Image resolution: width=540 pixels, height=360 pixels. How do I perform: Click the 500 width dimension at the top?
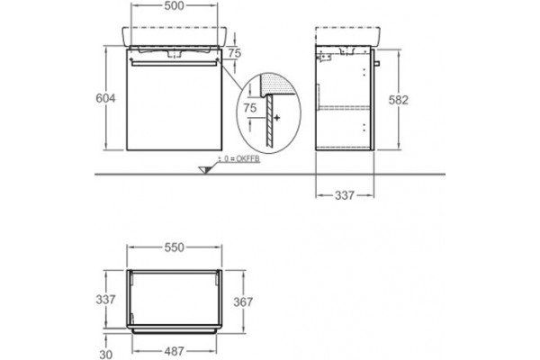click(174, 6)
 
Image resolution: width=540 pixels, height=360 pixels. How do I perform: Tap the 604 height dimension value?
click(105, 98)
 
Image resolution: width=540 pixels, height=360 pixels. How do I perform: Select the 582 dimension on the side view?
click(398, 100)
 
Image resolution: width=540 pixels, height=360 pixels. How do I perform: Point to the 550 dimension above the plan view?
click(174, 247)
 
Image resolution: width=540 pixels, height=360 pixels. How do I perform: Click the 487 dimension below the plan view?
click(174, 351)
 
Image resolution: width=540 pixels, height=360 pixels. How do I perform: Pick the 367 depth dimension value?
click(243, 302)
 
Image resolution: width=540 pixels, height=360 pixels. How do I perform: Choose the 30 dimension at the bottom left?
click(105, 355)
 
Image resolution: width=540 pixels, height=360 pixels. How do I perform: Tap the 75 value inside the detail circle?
click(250, 108)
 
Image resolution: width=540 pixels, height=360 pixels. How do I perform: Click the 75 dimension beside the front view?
click(235, 53)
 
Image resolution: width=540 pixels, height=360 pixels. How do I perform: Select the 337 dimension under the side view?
click(345, 195)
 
